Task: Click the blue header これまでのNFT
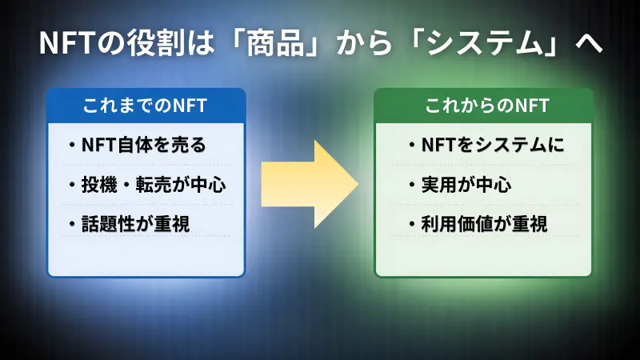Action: (x=145, y=106)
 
